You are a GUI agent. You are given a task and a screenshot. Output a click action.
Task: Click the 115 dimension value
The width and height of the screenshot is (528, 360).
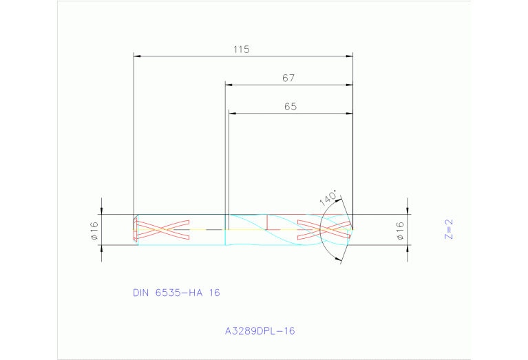click(241, 50)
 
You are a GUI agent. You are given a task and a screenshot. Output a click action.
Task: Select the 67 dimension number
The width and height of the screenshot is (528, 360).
click(288, 78)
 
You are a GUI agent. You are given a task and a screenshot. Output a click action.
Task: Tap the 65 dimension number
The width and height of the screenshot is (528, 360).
click(290, 107)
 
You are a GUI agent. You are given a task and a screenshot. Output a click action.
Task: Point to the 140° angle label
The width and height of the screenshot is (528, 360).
click(329, 198)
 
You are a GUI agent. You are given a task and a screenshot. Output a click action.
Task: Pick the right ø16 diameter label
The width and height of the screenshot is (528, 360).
click(399, 230)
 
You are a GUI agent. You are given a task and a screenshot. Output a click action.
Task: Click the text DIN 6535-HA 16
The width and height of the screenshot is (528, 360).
click(176, 293)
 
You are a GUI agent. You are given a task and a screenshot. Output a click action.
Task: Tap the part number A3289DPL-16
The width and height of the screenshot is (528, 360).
click(260, 331)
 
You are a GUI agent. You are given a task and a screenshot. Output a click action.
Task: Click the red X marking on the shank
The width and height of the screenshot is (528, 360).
click(163, 229)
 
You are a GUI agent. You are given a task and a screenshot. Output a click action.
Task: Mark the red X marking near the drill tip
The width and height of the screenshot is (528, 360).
click(322, 229)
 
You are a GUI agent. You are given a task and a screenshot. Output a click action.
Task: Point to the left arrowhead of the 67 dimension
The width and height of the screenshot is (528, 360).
click(230, 85)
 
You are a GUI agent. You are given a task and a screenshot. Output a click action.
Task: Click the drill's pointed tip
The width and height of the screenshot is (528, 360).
click(353, 229)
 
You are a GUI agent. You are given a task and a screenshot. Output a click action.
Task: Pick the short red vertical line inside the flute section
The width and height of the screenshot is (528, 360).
click(266, 222)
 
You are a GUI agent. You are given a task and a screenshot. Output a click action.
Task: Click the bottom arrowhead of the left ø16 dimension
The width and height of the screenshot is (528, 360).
click(102, 247)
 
